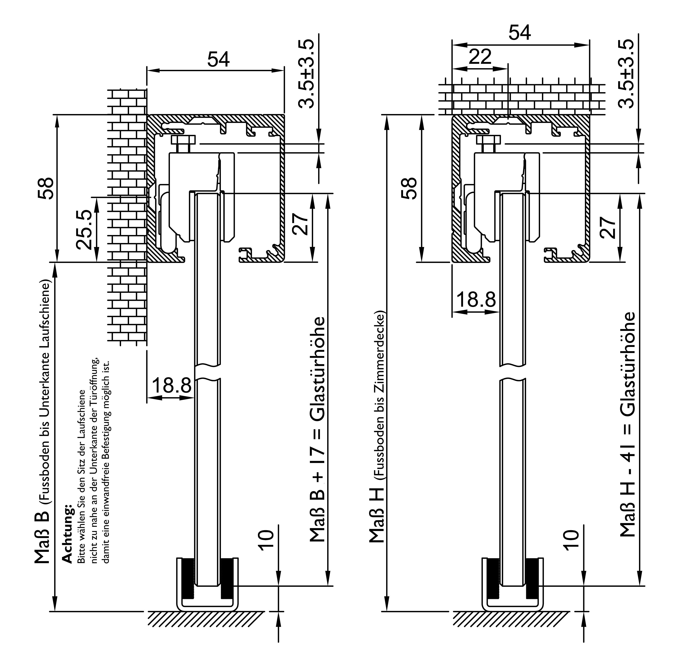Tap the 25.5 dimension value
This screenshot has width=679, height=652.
click(x=84, y=230)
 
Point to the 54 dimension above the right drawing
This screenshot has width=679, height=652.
click(x=520, y=33)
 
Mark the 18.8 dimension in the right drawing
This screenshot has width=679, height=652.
click(x=476, y=300)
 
